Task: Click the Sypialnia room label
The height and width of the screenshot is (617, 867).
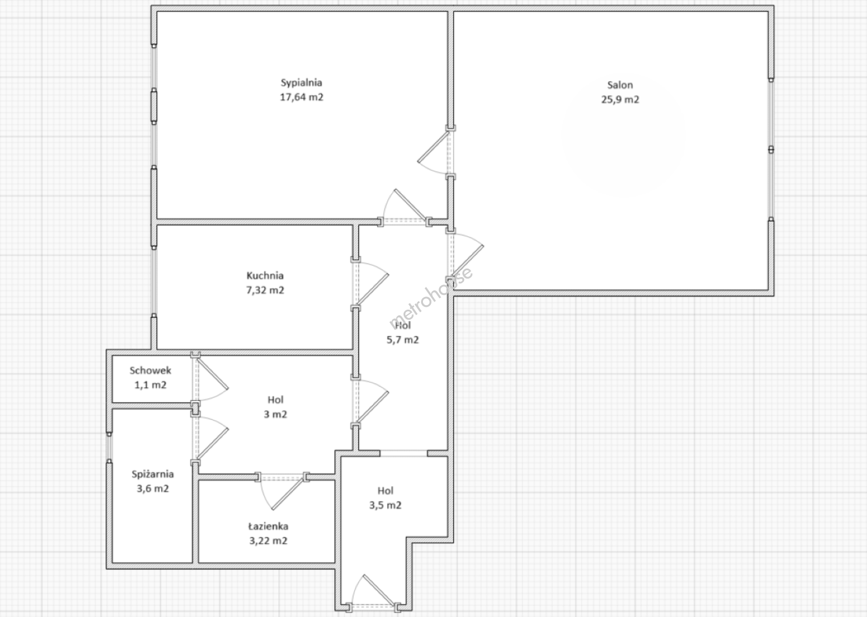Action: click(x=301, y=83)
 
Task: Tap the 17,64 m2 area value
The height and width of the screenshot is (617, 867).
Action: click(x=302, y=97)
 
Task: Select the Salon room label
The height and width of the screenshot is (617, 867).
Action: click(x=620, y=85)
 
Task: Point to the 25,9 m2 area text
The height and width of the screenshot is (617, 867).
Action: click(x=620, y=99)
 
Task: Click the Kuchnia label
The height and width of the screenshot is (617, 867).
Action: click(x=265, y=276)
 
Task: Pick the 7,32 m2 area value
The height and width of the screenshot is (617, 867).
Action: click(x=265, y=290)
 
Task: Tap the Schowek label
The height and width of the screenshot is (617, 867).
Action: click(x=150, y=371)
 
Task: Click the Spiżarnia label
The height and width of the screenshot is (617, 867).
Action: click(x=153, y=474)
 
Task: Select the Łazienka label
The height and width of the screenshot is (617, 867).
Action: click(x=268, y=526)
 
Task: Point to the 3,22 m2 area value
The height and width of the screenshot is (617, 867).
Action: click(x=268, y=540)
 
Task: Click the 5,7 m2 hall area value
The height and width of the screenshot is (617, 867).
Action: click(x=402, y=340)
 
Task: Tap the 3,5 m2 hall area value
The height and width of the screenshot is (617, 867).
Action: click(x=385, y=505)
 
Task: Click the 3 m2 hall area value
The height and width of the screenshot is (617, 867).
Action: click(x=275, y=414)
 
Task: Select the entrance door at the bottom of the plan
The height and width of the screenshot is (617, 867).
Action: click(x=372, y=594)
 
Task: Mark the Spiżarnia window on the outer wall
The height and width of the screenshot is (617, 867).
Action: click(x=109, y=447)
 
